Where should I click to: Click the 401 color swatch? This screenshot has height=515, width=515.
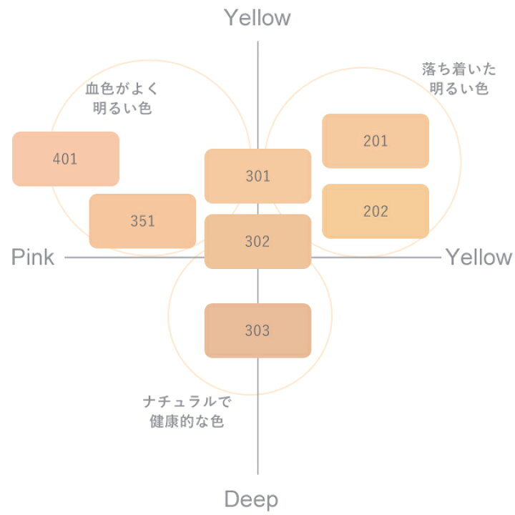66,159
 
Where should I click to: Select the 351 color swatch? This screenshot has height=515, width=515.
142,221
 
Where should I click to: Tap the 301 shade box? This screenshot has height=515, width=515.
257,176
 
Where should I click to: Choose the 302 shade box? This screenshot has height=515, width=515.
257,242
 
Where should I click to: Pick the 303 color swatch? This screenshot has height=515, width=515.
257,330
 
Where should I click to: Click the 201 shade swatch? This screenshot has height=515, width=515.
376,141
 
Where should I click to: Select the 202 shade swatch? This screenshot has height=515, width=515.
376,211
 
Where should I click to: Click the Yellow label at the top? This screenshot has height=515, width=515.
257,18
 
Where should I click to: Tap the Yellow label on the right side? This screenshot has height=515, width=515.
479,257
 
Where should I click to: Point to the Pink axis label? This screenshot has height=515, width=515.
33,257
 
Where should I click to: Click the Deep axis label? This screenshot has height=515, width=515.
251,500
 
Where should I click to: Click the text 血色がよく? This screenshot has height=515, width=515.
122,89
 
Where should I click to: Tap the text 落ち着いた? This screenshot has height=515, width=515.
458,69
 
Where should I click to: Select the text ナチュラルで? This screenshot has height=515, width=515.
187,402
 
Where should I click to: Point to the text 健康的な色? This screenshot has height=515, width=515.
187,421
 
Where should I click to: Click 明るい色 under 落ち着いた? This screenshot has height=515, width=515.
458,89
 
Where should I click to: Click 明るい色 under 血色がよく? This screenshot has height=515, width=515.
122,108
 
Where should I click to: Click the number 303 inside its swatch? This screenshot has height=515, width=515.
257,330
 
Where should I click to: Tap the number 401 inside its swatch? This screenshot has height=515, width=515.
65,159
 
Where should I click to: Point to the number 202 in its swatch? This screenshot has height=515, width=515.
376,211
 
